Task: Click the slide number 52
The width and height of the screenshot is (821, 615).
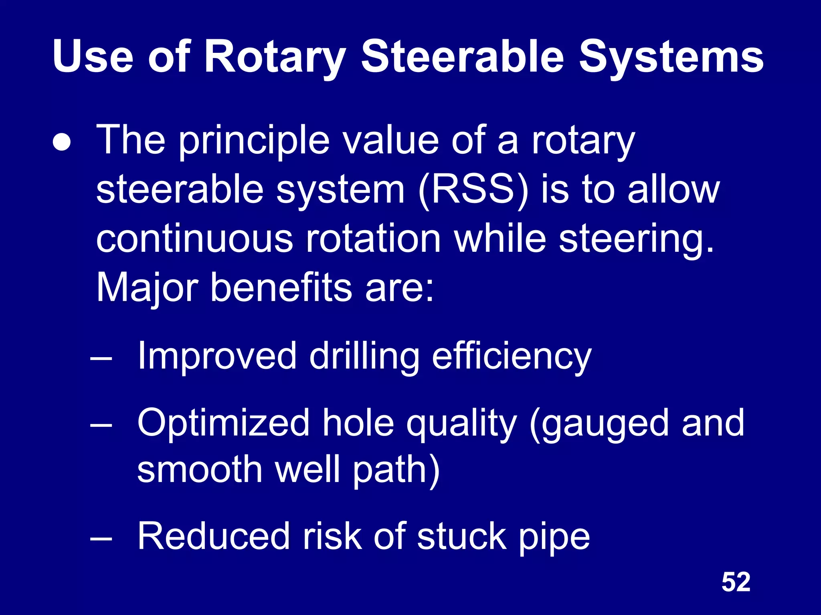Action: (736, 582)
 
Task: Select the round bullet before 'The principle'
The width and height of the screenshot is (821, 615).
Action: (62, 143)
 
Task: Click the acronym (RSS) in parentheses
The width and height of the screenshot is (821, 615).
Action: (473, 190)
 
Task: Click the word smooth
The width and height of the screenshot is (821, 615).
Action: (200, 469)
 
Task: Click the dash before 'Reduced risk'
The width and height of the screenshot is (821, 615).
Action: (101, 538)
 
